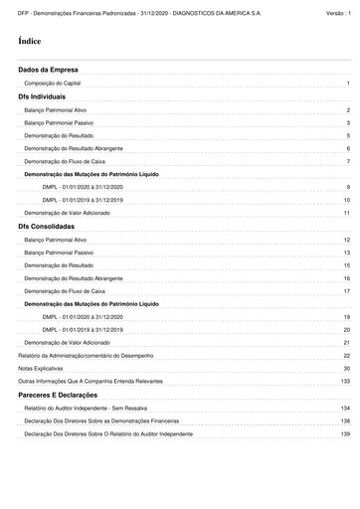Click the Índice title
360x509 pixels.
tap(29, 43)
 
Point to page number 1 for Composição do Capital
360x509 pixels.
tap(348, 85)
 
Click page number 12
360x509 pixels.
tap(346, 241)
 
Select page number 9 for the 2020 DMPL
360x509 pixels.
tap(348, 187)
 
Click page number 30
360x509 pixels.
tap(346, 369)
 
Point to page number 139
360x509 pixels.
tap(345, 434)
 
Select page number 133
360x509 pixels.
tap(345, 382)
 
